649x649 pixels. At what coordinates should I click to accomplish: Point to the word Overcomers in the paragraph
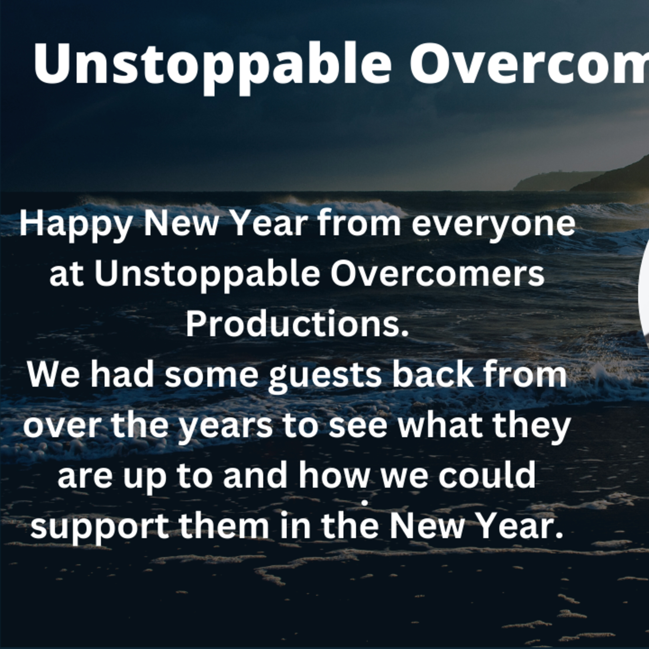(x=437, y=274)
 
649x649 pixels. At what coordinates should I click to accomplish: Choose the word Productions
(x=297, y=323)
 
